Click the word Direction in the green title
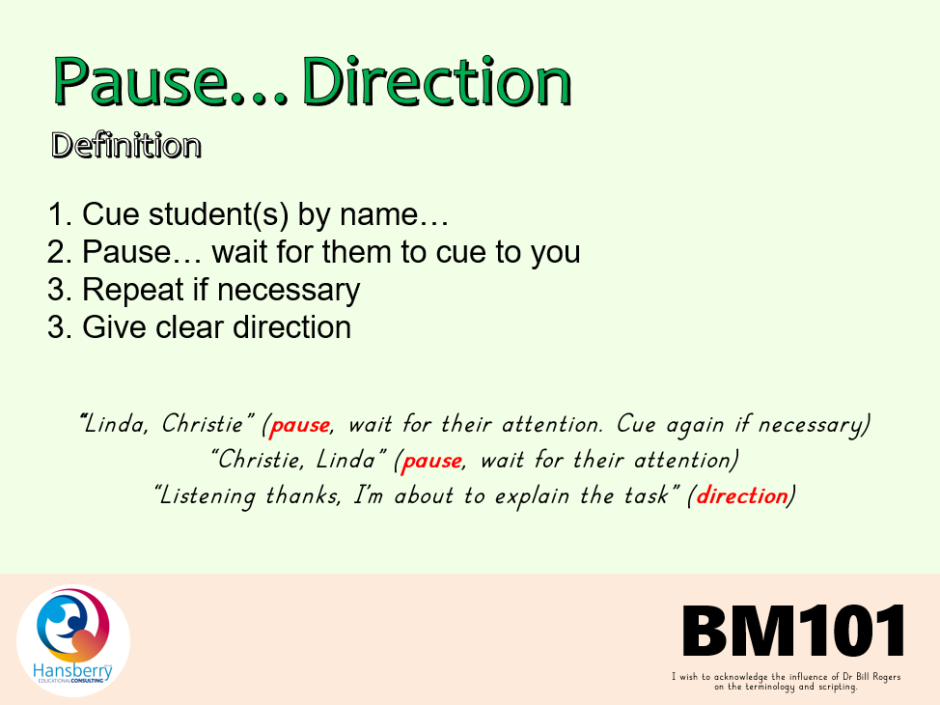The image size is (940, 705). (436, 81)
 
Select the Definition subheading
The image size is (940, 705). (125, 145)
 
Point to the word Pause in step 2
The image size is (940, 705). (126, 251)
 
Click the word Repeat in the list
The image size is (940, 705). (132, 290)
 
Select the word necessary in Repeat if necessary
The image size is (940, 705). (289, 291)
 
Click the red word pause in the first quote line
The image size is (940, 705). (300, 425)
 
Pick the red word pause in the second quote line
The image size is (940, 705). (432, 461)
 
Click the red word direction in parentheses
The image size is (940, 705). (742, 495)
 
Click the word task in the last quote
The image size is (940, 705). (647, 495)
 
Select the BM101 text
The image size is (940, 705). (793, 631)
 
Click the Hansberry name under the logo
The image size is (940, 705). (72, 671)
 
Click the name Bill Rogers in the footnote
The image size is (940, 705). (878, 677)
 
